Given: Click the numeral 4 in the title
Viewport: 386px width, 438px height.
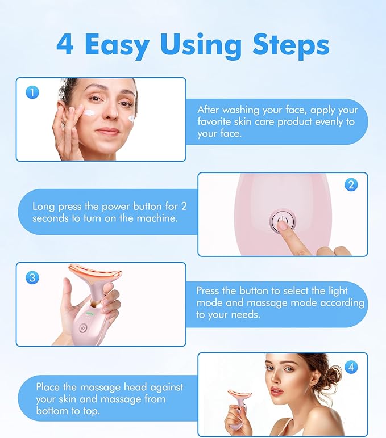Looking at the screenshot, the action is coord(65,44).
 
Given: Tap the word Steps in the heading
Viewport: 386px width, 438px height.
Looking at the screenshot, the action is coord(291,46).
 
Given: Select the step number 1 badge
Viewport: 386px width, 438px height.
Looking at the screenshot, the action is coord(32,92).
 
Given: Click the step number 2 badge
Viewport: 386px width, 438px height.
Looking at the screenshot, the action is coord(351,184).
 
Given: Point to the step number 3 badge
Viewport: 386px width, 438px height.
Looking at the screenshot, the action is coord(32,277).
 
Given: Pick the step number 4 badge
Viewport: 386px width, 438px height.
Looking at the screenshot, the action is coord(351,367).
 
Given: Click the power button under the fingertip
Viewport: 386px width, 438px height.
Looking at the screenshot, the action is coord(282,221).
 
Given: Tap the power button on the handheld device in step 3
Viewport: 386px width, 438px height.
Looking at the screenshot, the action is coord(83,328).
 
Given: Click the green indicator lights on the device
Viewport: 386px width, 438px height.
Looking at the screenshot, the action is coord(90,313).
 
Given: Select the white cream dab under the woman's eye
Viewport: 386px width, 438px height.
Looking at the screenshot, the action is coord(90,113).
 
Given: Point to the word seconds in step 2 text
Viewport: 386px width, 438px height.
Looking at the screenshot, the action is coord(51,218).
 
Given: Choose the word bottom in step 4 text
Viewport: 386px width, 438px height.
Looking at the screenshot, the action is coord(52,411).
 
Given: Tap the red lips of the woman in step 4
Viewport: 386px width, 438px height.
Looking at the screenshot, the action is coord(276,390).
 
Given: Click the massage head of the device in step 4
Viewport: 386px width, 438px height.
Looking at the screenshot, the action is coord(239,394).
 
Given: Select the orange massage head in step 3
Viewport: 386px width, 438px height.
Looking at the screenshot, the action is coord(95,272).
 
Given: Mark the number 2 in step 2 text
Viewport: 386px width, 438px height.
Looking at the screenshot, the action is coord(184,206).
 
